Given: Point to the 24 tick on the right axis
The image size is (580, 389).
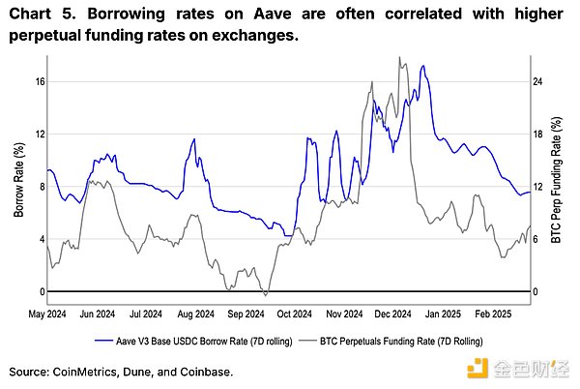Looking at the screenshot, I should point(542,81).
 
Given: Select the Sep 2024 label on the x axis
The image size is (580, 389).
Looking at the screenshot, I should point(245,314).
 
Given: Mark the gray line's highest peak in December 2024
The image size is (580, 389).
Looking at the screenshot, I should point(399,57).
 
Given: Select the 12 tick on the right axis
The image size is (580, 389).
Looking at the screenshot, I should point(542,187).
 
